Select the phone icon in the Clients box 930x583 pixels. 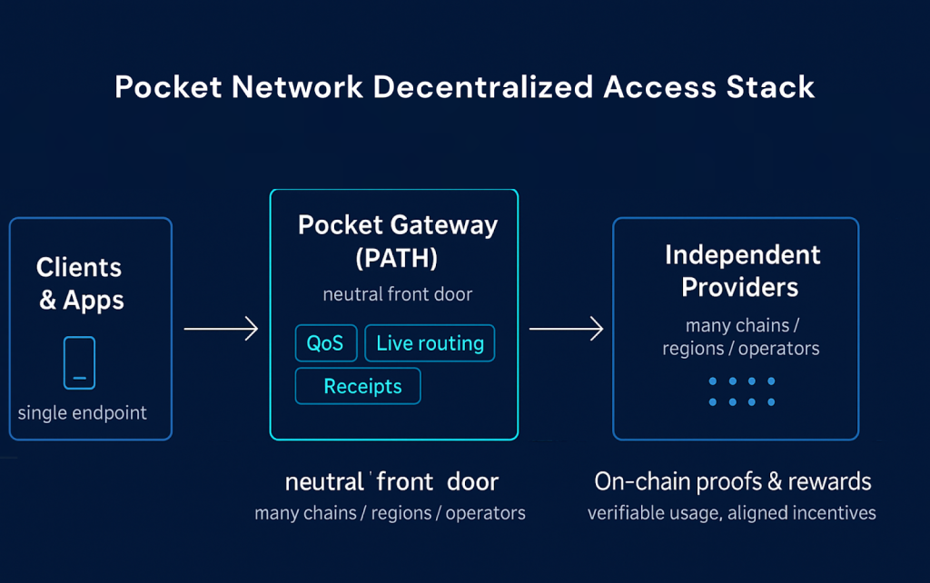79,363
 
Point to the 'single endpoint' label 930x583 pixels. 83,413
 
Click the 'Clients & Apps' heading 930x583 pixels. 79,283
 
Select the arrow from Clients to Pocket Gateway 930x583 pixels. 221,329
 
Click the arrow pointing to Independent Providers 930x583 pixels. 566,329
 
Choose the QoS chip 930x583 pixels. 326,343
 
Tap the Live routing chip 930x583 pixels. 430,343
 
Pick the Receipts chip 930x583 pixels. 358,386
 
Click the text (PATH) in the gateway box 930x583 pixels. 396,258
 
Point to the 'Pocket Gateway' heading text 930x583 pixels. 398,225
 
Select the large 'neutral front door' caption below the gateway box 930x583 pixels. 391,481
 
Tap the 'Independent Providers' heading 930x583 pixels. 742,271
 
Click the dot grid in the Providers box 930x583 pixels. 741,391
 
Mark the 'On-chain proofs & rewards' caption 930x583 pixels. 732,481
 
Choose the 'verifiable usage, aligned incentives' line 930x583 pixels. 731,513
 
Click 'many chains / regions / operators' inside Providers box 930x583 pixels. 740,337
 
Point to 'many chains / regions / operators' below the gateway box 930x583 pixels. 390,513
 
